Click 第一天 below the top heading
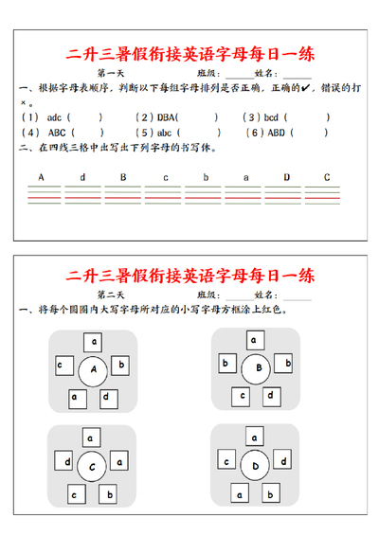(x=111, y=72)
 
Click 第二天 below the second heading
(x=111, y=295)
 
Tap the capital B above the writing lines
(x=122, y=177)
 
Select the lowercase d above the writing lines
(x=82, y=177)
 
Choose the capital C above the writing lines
(x=327, y=177)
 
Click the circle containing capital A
(x=93, y=370)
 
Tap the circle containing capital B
(x=255, y=367)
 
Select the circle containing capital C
(x=92, y=465)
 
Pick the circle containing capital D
(x=254, y=465)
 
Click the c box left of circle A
(x=60, y=364)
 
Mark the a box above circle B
(x=253, y=338)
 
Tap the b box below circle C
(x=107, y=494)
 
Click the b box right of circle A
(x=120, y=364)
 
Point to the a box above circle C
(x=91, y=438)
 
